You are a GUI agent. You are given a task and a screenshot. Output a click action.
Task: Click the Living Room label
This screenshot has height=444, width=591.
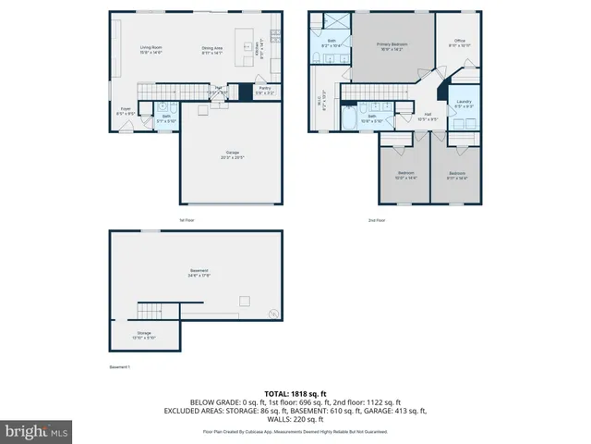point(151,50)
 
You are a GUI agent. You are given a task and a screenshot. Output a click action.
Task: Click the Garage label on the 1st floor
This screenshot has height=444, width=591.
point(233,154)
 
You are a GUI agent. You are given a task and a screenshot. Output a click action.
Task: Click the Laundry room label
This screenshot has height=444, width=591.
point(464,104)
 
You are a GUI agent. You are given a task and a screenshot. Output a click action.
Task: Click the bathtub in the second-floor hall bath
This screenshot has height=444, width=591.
point(350,119)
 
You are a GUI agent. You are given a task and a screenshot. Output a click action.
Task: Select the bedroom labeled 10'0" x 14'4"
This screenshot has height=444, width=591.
point(406,175)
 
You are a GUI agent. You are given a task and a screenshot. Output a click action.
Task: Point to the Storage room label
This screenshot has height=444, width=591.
point(144,334)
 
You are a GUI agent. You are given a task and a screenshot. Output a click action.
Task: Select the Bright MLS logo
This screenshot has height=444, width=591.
point(37,431)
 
